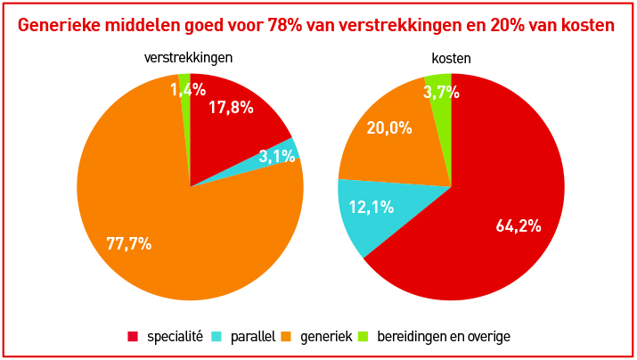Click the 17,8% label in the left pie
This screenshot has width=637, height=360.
(x=231, y=108)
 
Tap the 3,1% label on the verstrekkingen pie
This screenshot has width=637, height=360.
(x=276, y=156)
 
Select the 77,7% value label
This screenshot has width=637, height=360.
(x=128, y=243)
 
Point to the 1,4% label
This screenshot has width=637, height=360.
(x=188, y=89)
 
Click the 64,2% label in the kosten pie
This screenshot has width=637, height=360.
(x=519, y=225)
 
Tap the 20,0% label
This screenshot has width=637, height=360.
(x=389, y=127)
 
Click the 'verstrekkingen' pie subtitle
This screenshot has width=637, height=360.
(x=189, y=58)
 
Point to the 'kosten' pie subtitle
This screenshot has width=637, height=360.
(x=451, y=58)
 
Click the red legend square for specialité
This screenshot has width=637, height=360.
(x=133, y=336)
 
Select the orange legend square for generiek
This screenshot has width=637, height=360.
(x=286, y=336)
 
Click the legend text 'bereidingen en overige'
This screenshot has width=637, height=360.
(x=443, y=336)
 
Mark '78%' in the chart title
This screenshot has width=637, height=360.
(x=284, y=25)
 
